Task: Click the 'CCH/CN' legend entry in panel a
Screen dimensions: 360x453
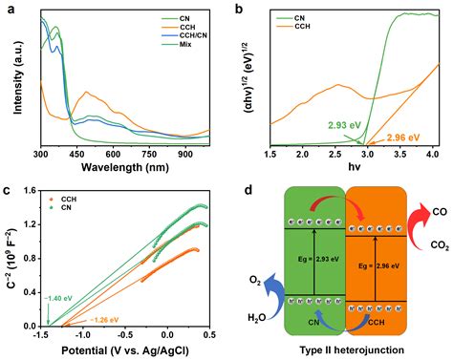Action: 191,36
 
